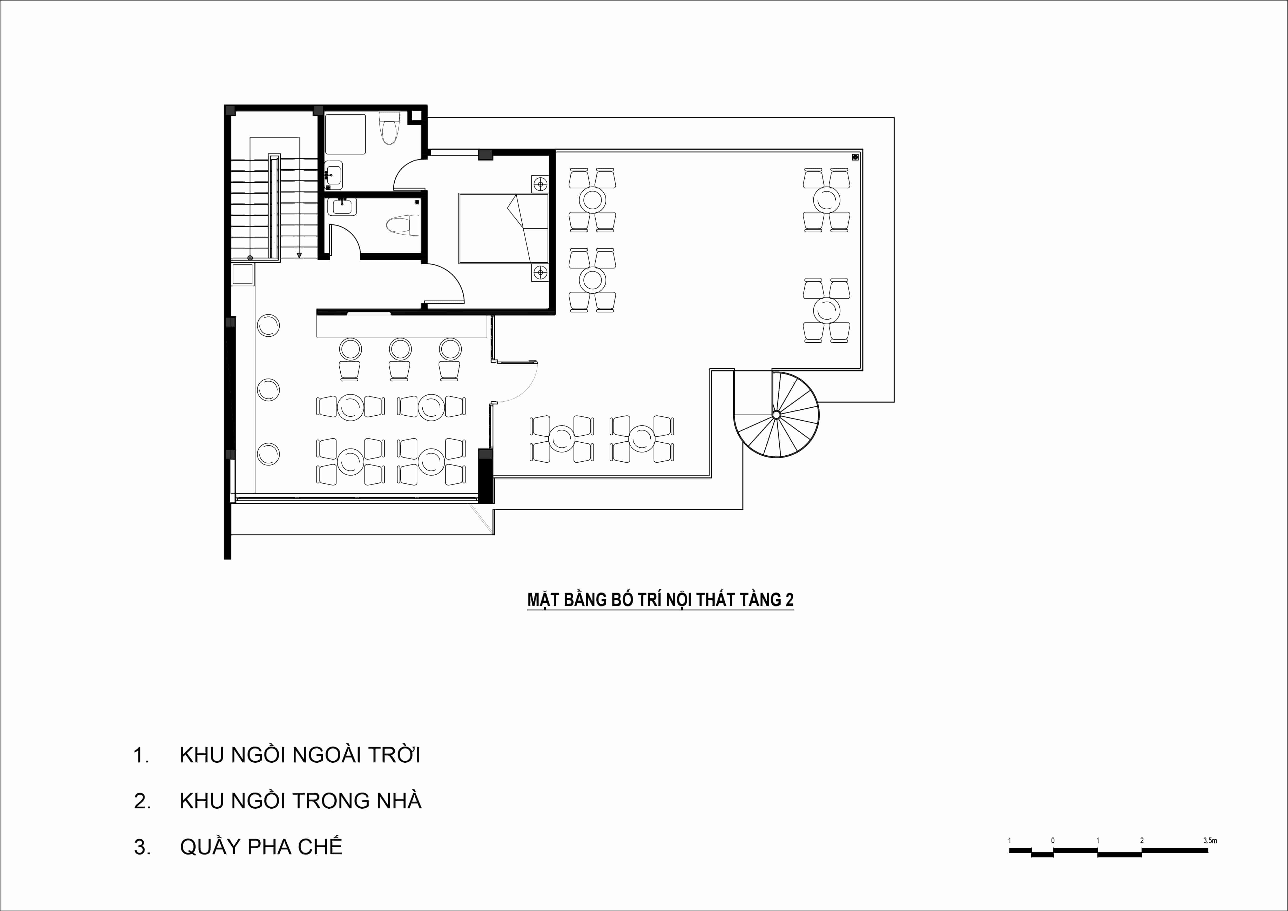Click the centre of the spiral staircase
click(x=776, y=415)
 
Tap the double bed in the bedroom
click(x=503, y=228)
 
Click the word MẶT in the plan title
click(x=543, y=600)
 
